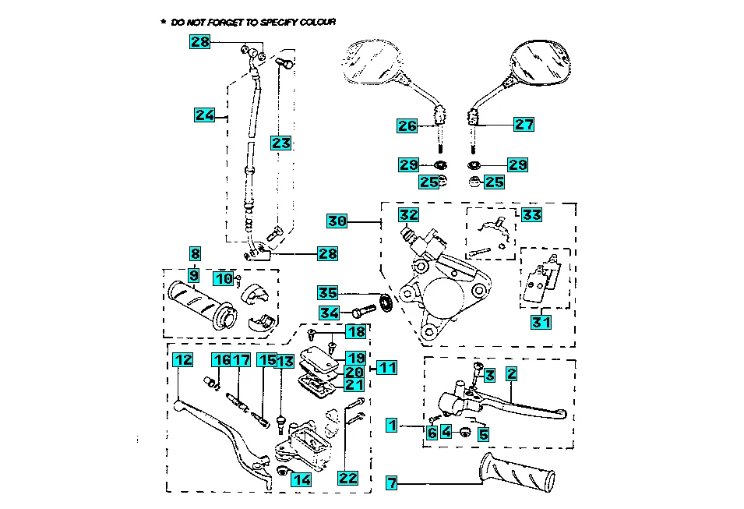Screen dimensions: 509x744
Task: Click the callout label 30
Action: click(x=337, y=221)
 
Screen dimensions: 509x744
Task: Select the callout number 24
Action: click(x=204, y=115)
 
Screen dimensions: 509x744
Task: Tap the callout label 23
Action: click(x=280, y=143)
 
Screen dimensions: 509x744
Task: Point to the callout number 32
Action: click(x=409, y=214)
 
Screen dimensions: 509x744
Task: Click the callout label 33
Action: click(x=531, y=214)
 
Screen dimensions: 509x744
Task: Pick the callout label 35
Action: click(x=328, y=293)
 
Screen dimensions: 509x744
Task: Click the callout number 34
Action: click(x=328, y=313)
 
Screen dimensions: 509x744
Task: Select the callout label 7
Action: click(x=392, y=483)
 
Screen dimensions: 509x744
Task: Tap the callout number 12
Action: click(x=182, y=360)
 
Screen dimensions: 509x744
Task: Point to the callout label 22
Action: click(x=348, y=478)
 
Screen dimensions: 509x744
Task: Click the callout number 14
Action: click(x=301, y=480)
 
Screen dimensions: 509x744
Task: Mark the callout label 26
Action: click(x=407, y=125)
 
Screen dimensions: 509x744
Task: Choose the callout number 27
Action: click(x=524, y=124)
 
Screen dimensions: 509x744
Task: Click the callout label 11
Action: click(x=387, y=366)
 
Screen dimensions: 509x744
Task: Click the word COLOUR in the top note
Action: click(x=316, y=23)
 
